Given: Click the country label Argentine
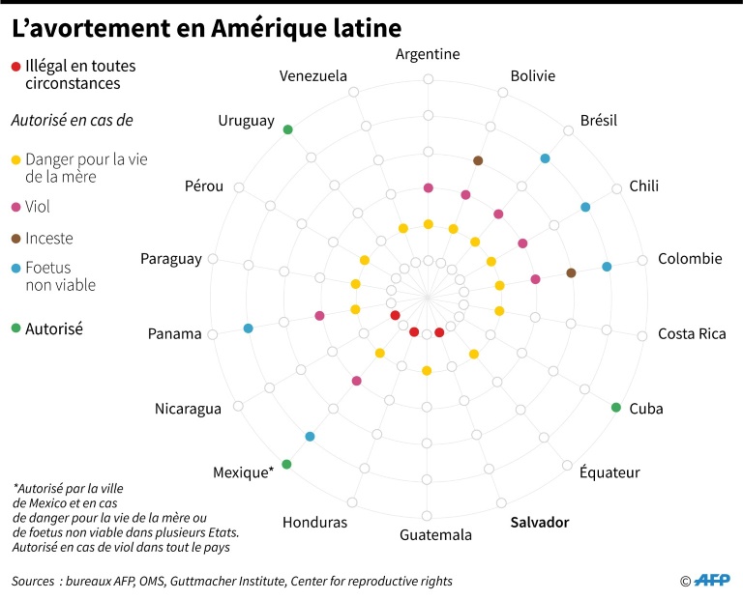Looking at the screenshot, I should (428, 54).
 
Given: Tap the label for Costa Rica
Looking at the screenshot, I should (692, 334).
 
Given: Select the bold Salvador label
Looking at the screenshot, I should (539, 523).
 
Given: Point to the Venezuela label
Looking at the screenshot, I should (312, 76).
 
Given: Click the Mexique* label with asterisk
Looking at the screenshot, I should (243, 472).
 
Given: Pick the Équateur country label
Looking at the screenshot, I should (609, 472).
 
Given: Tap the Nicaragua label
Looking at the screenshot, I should (188, 409).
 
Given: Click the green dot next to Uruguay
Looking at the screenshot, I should (287, 129).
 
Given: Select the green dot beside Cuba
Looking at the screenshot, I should (615, 407).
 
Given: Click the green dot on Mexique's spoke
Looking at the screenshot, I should (286, 465).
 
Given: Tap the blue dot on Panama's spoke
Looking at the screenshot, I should (249, 329).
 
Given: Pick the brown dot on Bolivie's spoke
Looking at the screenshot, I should (478, 160).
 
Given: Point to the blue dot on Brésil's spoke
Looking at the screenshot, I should (546, 158).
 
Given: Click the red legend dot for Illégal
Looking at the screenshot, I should (15, 67).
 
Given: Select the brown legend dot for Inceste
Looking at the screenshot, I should (15, 239).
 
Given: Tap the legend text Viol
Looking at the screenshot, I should (38, 207).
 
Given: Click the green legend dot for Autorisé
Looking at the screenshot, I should (15, 329).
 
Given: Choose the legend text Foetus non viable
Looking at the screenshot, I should (60, 276).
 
